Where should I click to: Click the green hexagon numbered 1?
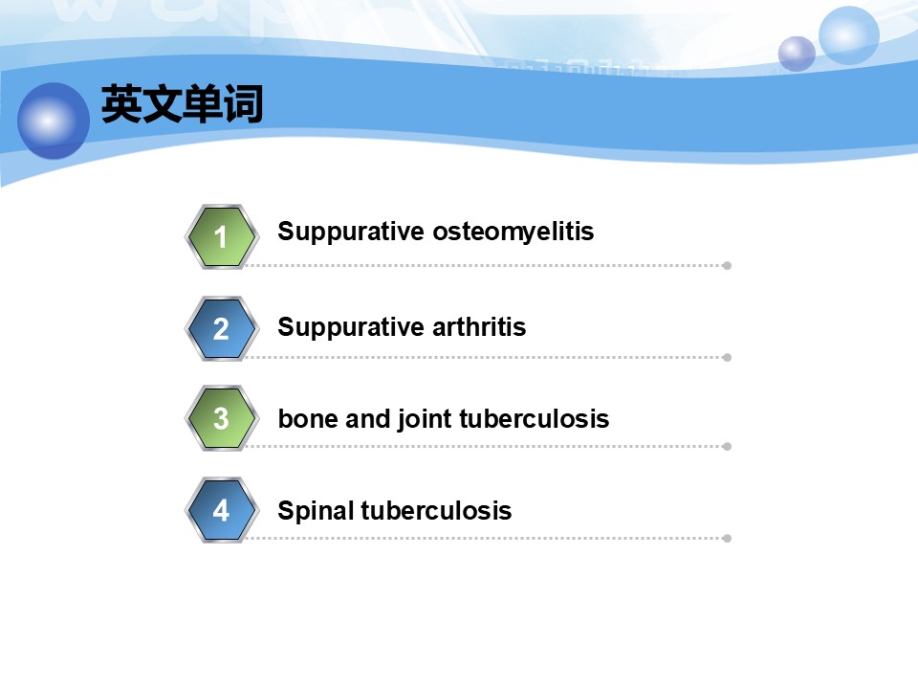click(x=221, y=236)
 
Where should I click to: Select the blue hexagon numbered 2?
click(x=221, y=328)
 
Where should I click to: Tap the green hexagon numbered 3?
click(x=221, y=418)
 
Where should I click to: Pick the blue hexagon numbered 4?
click(x=221, y=510)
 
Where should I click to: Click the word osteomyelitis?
click(x=513, y=232)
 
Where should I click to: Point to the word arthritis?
click(x=479, y=326)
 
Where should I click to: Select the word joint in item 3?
click(x=425, y=419)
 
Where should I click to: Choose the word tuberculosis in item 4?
click(x=436, y=510)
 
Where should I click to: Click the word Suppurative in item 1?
click(x=351, y=232)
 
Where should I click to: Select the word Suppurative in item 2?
click(x=351, y=327)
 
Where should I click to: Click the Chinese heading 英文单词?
click(x=182, y=103)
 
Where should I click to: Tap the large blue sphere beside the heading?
click(x=54, y=121)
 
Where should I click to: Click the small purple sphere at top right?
click(x=797, y=54)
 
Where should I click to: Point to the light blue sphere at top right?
click(x=849, y=35)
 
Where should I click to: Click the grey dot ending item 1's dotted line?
click(x=727, y=265)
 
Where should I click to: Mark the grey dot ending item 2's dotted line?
click(x=727, y=357)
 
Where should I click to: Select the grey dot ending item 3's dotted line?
click(x=727, y=447)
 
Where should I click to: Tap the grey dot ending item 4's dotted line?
click(x=727, y=539)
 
